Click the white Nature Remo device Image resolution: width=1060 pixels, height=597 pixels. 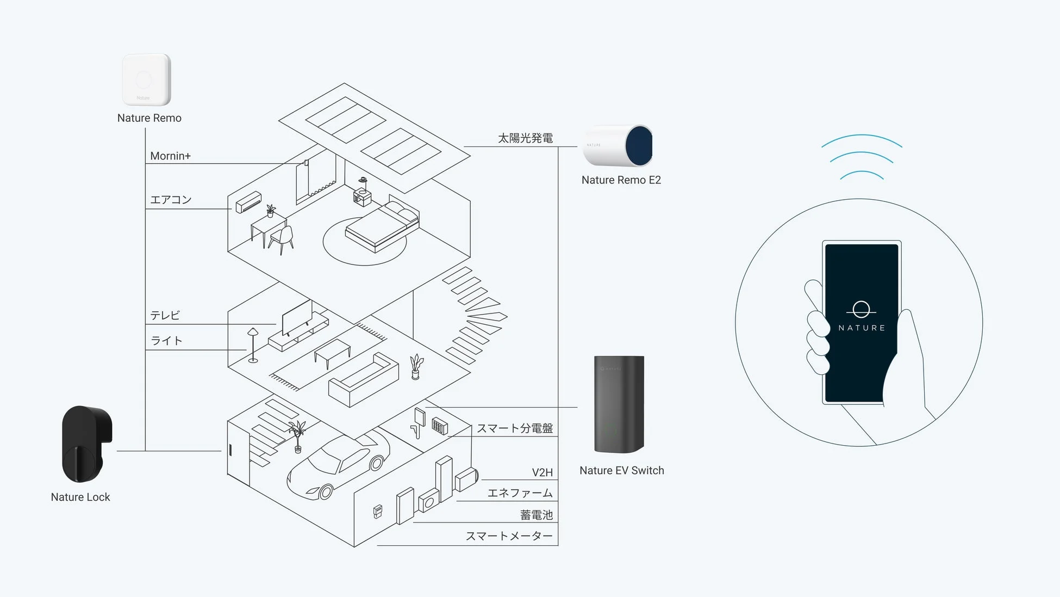[146, 79]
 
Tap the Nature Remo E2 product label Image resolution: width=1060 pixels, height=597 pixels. [621, 180]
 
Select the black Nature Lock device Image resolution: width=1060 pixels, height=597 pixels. [86, 444]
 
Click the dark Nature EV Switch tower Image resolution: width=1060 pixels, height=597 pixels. [619, 404]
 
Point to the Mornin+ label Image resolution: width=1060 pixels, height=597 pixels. [170, 156]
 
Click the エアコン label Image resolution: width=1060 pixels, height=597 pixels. [171, 200]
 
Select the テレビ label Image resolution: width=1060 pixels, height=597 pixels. [165, 316]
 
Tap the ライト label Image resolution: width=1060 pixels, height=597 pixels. [166, 341]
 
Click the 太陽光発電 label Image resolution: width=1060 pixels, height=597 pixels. [525, 138]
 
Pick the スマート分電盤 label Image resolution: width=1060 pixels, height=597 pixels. [514, 428]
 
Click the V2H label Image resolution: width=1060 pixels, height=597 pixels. [542, 472]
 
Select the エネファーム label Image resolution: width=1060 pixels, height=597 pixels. [520, 493]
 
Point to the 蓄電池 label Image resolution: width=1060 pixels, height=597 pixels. [536, 515]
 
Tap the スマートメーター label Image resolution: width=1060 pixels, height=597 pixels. [509, 536]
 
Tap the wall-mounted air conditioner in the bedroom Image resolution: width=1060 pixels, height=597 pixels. [248, 202]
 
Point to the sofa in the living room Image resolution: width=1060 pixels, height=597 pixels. [363, 380]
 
